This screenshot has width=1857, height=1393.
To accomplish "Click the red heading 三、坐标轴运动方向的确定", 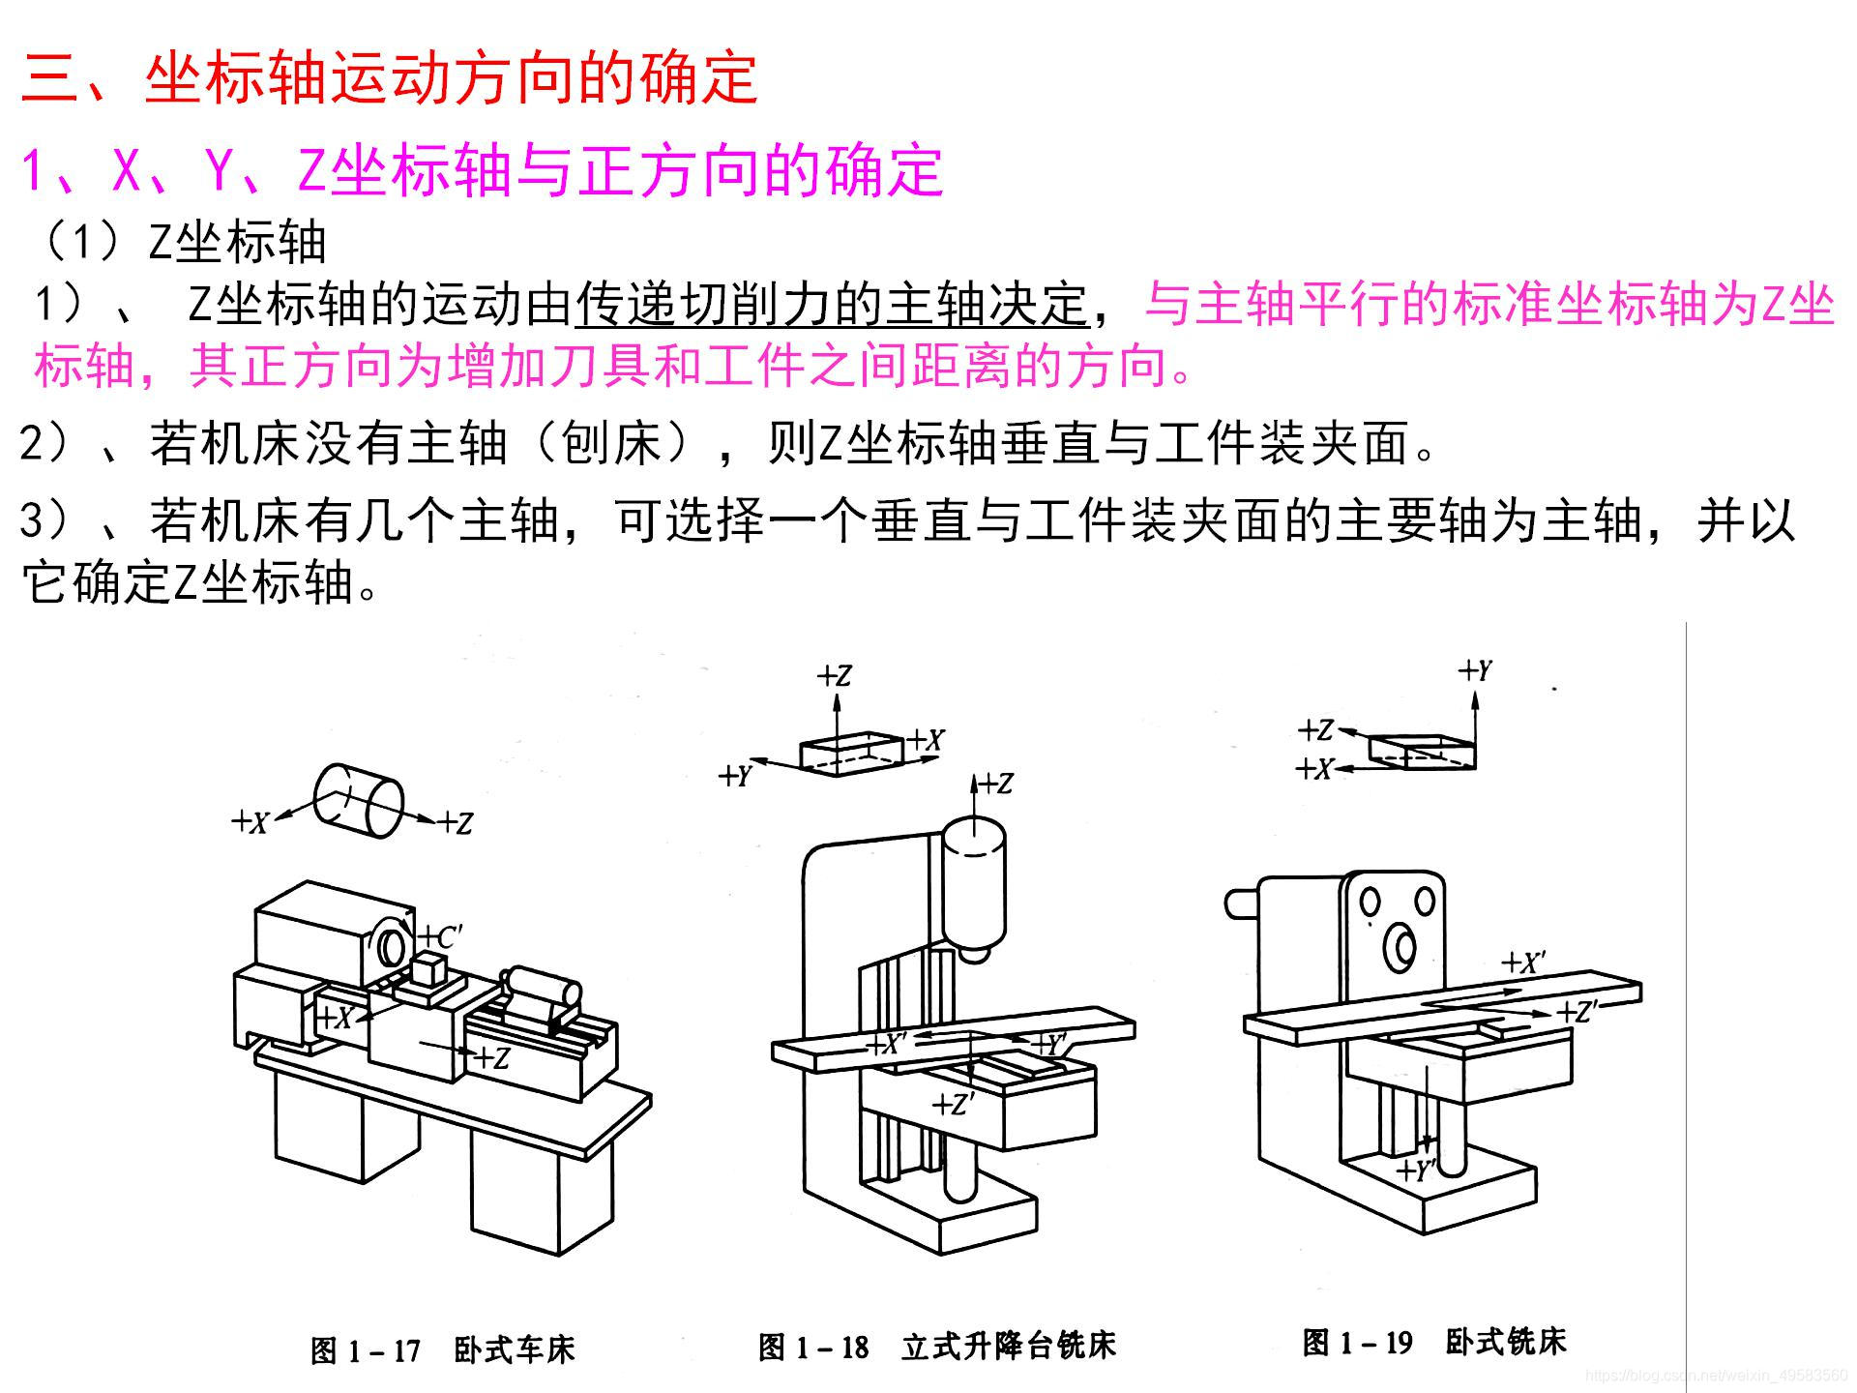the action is pyautogui.click(x=389, y=77).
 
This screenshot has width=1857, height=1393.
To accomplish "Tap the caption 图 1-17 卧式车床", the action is pyautogui.click(x=442, y=1349).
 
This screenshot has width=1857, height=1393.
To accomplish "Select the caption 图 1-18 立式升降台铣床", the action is pyautogui.click(x=936, y=1346).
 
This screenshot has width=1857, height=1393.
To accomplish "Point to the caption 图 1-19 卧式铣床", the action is pyautogui.click(x=1433, y=1342).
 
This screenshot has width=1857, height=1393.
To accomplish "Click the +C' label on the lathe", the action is pyautogui.click(x=441, y=937).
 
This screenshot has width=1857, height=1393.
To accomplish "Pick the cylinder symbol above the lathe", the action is pyautogui.click(x=358, y=801).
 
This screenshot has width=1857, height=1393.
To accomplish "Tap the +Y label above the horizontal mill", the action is pyautogui.click(x=1476, y=670).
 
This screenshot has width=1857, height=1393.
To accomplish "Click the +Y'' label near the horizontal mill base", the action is pyautogui.click(x=1417, y=1170).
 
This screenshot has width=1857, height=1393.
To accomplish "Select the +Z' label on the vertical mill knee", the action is pyautogui.click(x=953, y=1104).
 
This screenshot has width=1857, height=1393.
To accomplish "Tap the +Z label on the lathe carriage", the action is pyautogui.click(x=492, y=1057).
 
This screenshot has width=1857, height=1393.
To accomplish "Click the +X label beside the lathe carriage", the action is pyautogui.click(x=335, y=1018).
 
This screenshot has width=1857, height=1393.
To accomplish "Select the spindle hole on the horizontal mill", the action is pyautogui.click(x=1399, y=947).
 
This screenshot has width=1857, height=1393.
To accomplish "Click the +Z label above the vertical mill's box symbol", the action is pyautogui.click(x=835, y=675).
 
